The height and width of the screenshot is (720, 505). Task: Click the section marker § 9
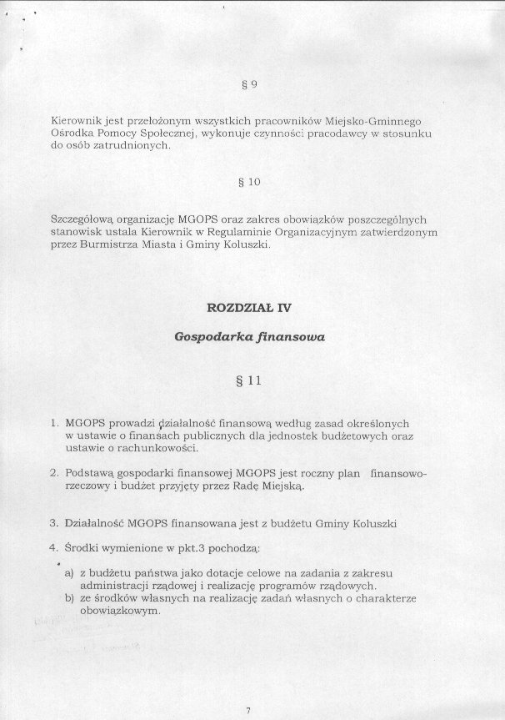point(246,84)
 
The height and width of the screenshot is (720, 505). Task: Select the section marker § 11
point(249,382)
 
